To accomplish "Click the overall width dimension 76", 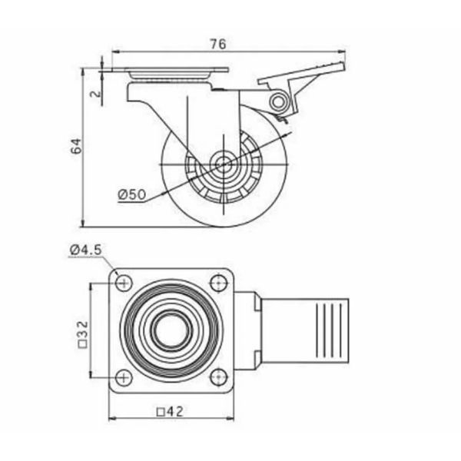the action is tap(218, 44).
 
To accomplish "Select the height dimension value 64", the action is tap(76, 146).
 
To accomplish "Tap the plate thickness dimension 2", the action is tap(96, 94).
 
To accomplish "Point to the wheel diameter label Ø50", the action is tap(132, 194).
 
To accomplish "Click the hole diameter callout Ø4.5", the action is tap(86, 250).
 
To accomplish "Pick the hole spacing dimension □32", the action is tap(84, 334).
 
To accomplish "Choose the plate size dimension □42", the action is tap(171, 412).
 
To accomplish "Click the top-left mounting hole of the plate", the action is tap(124, 283).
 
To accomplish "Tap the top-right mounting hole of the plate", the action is tap(219, 283).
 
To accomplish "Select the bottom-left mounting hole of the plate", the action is tap(124, 378).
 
